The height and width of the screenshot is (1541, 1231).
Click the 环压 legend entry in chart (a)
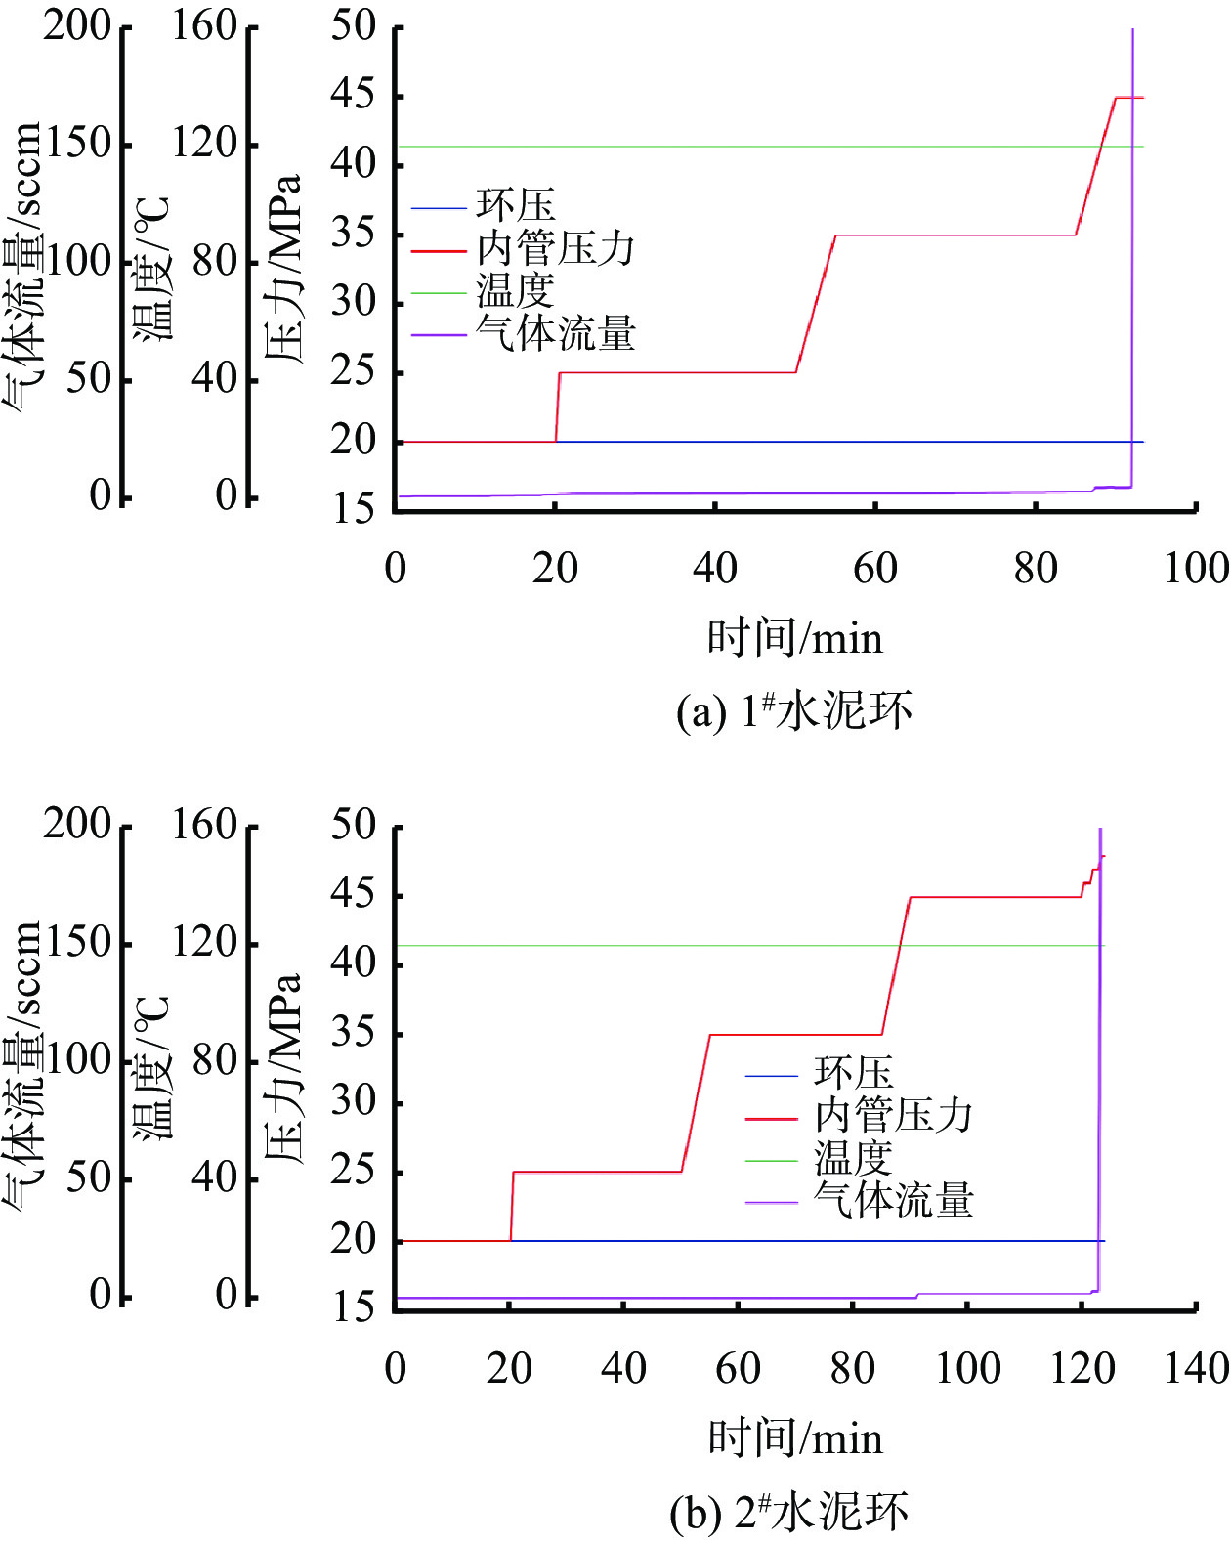coord(516,206)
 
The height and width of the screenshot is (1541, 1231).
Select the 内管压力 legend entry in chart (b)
coord(893,1116)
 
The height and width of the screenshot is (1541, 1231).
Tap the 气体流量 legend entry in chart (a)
coord(555,334)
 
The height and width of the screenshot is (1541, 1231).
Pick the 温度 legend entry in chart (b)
coord(853,1158)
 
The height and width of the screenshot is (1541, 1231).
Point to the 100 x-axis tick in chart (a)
coord(1196,569)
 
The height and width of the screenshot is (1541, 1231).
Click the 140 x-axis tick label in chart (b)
coord(1196,1368)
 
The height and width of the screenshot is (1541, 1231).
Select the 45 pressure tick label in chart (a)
coord(353,96)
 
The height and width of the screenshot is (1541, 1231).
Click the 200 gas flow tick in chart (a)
coord(78,26)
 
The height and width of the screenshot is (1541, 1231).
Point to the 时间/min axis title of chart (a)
coord(794,639)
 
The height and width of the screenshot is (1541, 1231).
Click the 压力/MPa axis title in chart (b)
coord(283,1067)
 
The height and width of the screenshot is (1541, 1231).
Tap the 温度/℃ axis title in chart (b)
coord(152,1067)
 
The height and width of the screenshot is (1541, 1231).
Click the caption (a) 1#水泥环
coord(794,711)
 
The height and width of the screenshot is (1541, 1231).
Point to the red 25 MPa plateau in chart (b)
coord(596,1172)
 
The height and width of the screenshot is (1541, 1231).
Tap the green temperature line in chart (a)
coord(684,147)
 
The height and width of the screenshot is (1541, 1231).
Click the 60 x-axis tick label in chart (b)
coord(738,1368)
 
